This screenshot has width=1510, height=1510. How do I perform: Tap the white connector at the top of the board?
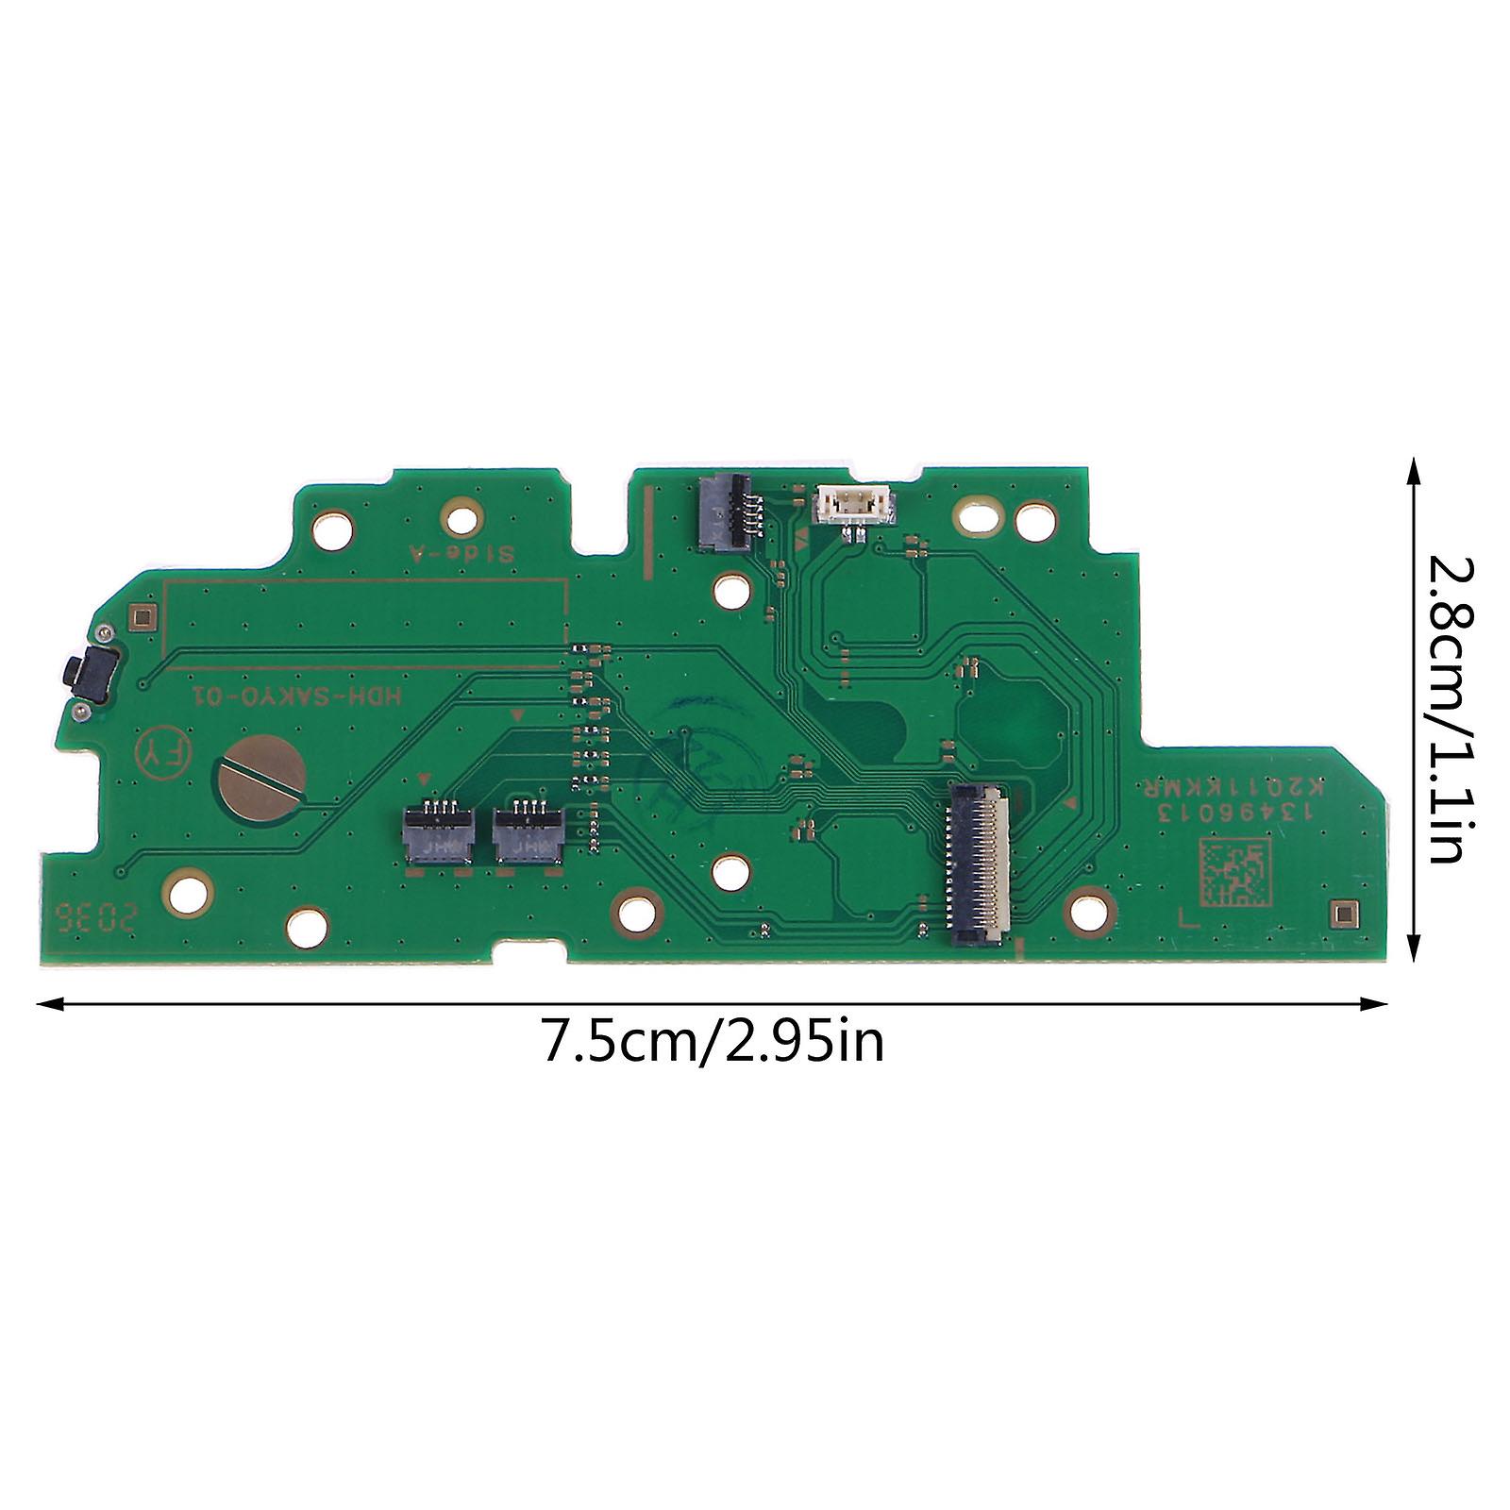850,504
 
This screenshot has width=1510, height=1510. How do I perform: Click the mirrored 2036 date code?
95,914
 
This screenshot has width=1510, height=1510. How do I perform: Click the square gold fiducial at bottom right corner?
1341,912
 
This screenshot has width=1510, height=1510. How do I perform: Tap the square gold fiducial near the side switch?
143,617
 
